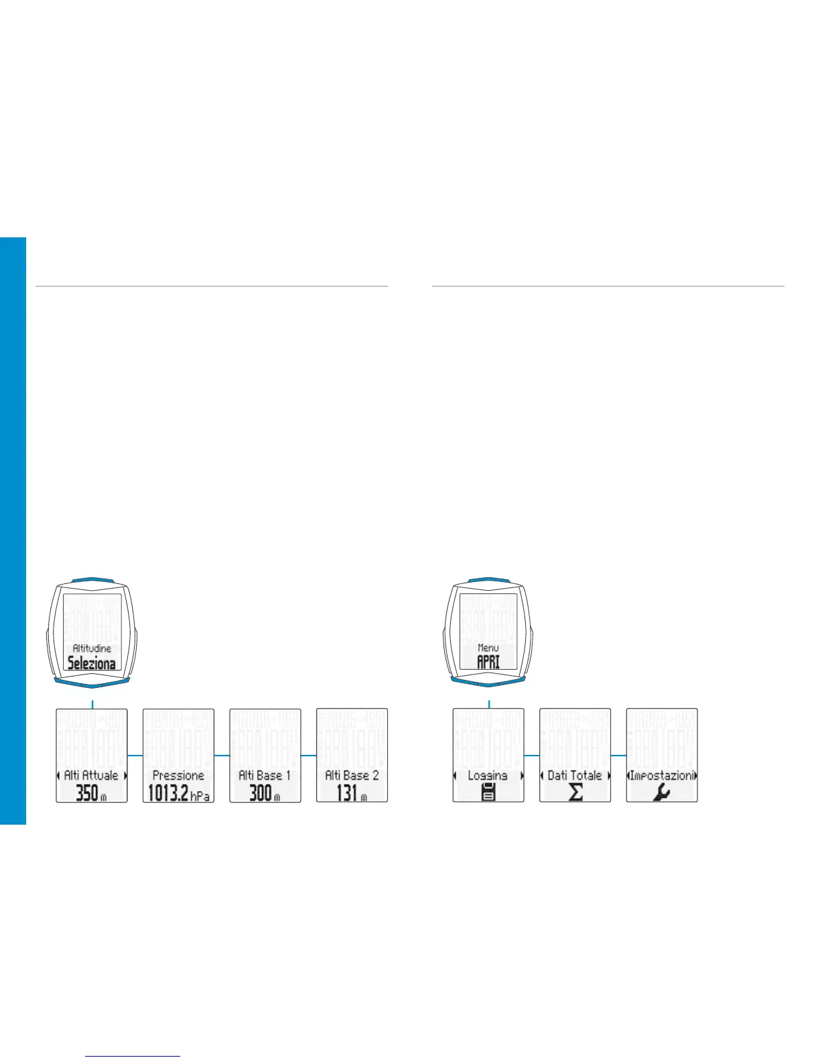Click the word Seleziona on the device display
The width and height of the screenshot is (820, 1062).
point(91,664)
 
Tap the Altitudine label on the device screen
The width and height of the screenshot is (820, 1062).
point(92,648)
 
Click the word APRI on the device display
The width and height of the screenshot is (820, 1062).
point(488,662)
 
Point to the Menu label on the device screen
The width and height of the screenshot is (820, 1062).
point(488,648)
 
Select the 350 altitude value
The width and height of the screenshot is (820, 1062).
point(87,793)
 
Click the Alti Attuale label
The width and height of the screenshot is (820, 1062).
point(91,775)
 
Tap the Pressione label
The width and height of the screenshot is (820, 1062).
point(178,775)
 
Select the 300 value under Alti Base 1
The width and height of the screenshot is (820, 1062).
point(261,793)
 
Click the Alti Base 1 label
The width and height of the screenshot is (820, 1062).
point(265,775)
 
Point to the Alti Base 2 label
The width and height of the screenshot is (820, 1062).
point(352,775)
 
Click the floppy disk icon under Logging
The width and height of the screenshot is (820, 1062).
point(488,792)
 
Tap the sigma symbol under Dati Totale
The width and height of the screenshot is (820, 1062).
point(575,792)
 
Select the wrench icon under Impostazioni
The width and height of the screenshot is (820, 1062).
point(662,793)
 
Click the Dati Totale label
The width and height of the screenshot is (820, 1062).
point(575,775)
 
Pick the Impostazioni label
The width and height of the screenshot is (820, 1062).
point(662,775)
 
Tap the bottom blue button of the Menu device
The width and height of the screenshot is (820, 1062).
point(488,681)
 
